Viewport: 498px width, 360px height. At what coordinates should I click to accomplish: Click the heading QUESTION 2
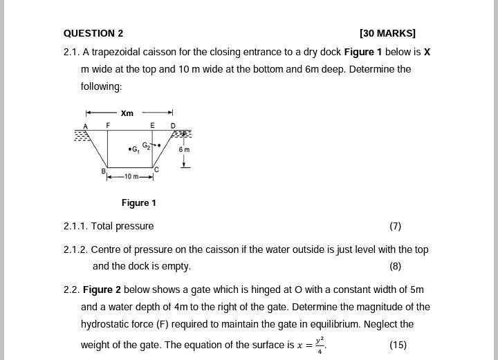click(93, 33)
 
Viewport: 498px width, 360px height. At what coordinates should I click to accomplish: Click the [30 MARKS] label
click(387, 33)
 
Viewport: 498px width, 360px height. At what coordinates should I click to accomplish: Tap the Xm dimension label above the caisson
click(127, 113)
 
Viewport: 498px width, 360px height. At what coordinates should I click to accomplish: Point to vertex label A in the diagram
click(86, 126)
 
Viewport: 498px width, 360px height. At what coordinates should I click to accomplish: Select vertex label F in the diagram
click(108, 125)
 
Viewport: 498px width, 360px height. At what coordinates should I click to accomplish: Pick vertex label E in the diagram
click(153, 125)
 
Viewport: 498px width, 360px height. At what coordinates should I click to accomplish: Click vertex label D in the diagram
click(173, 126)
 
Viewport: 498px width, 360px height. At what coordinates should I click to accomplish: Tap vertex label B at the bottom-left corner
click(104, 171)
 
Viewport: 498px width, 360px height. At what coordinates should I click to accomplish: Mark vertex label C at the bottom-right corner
click(156, 169)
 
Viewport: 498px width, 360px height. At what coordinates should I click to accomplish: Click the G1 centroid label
click(136, 149)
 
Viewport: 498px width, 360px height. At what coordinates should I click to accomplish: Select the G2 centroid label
click(147, 146)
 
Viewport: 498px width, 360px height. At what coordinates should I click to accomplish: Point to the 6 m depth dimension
click(184, 150)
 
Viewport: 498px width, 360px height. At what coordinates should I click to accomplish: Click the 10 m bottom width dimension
click(131, 177)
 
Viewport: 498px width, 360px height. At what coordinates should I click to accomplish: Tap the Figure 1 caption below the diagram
click(139, 202)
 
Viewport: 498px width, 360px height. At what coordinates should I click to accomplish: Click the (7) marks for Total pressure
click(395, 226)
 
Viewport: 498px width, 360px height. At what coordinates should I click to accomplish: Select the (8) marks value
click(395, 266)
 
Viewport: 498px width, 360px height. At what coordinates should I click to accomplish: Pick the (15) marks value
click(398, 345)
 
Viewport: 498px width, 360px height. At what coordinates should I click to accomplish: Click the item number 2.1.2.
click(75, 249)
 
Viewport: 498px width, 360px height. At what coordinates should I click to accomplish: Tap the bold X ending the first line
click(427, 52)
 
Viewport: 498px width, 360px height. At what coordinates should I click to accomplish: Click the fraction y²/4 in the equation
click(320, 345)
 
